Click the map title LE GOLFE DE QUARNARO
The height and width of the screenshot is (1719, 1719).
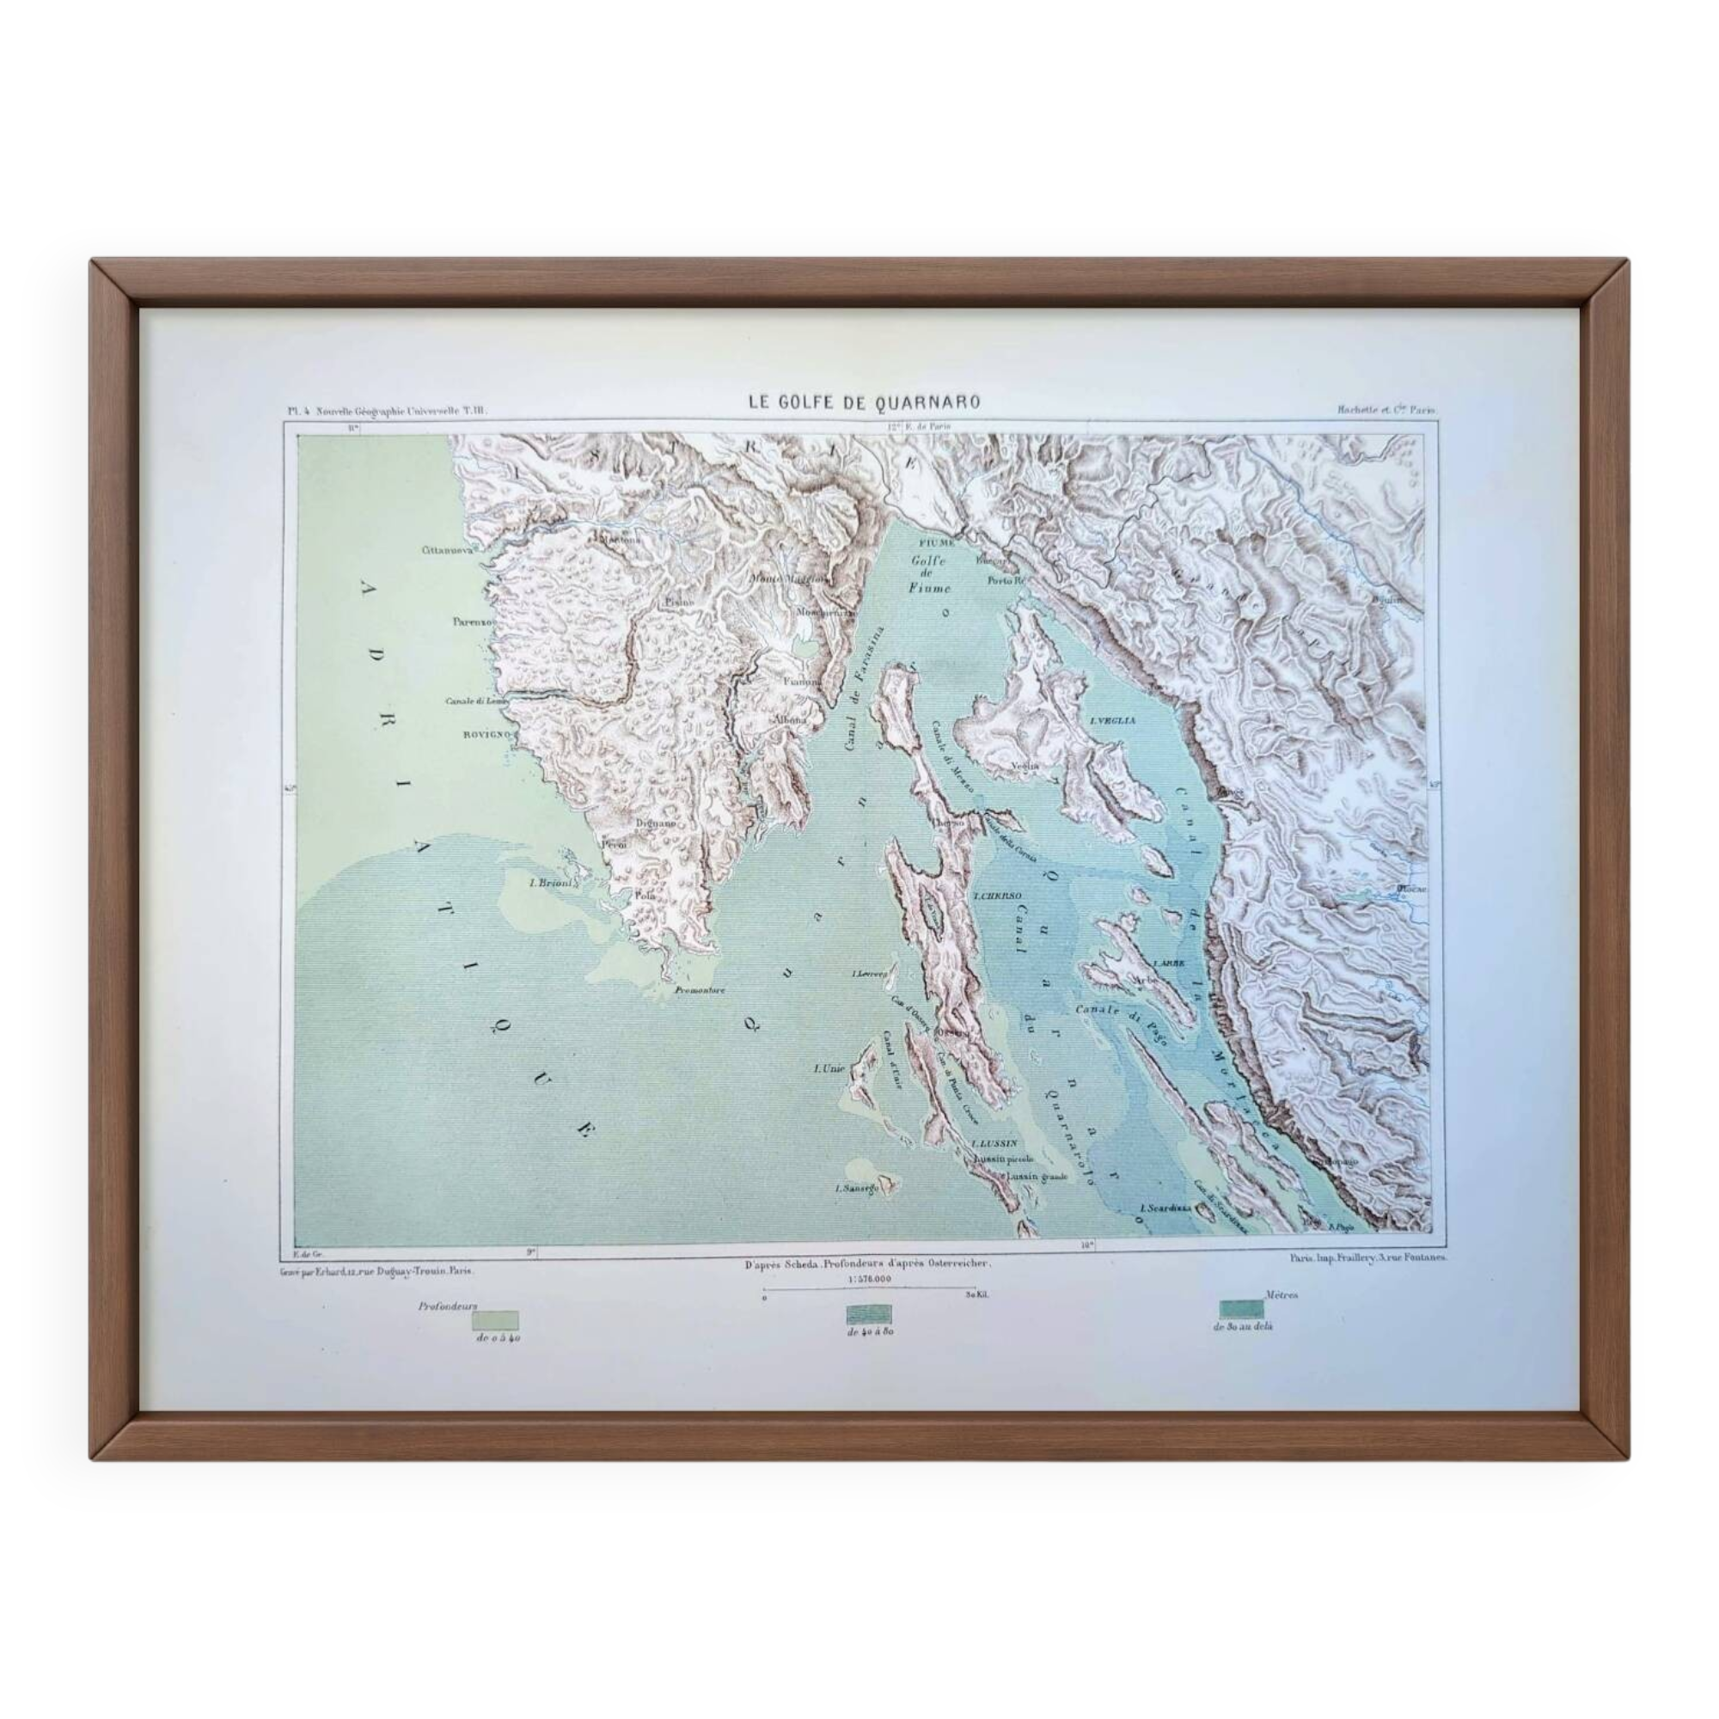coord(864,402)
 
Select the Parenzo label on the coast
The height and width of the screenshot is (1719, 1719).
coord(471,622)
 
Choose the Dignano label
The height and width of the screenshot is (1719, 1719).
coord(655,824)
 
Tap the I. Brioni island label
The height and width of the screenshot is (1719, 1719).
coord(552,884)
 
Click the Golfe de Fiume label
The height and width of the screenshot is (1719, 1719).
coord(930,574)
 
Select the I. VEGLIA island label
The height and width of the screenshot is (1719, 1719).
coord(1112,721)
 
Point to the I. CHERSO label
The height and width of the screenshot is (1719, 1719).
coord(996,896)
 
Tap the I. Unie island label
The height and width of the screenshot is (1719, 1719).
coord(828,1067)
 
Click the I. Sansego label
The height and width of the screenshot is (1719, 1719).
coord(856,1188)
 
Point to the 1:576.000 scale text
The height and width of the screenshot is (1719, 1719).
coord(867,1280)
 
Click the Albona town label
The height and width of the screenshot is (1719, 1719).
coord(790,719)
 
